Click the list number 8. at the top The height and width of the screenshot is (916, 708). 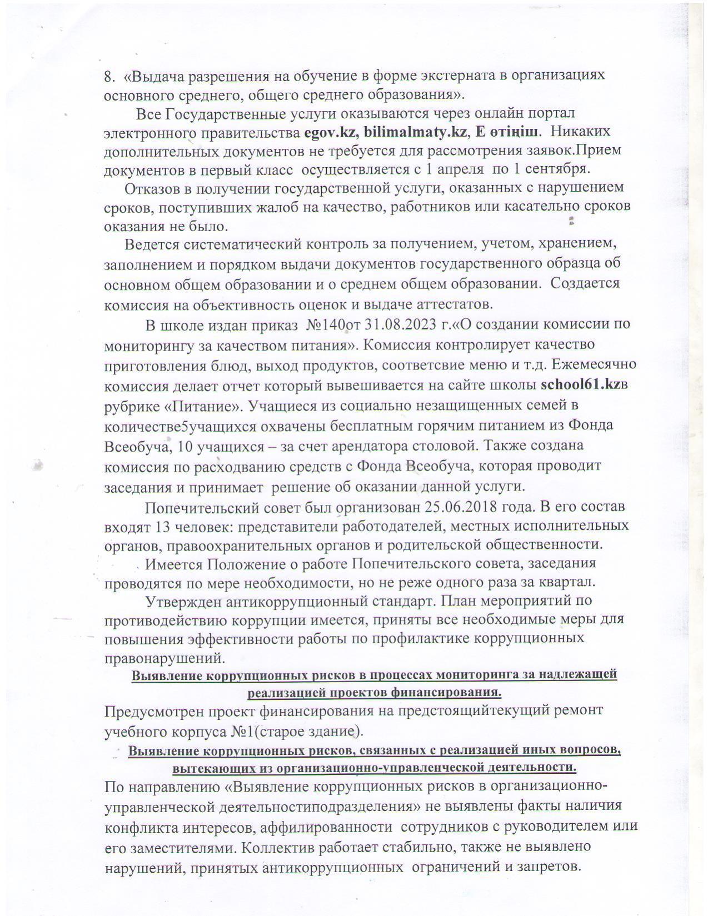pos(109,76)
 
